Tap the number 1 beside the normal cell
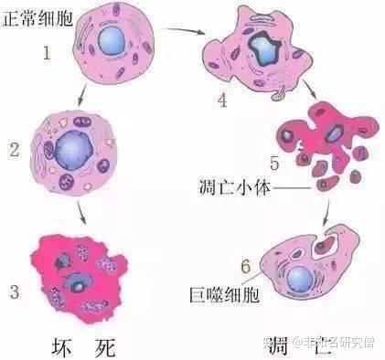[46, 53]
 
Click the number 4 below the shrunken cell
[221, 100]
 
